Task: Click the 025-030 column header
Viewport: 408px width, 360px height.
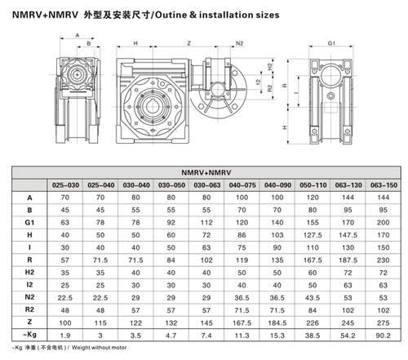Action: click(65, 185)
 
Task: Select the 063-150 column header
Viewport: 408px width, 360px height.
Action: click(384, 185)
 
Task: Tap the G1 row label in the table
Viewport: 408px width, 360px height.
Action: click(29, 223)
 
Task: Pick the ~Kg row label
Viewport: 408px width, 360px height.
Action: click(29, 335)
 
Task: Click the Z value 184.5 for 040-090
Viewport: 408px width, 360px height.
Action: click(277, 323)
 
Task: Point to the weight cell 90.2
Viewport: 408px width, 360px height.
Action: click(384, 336)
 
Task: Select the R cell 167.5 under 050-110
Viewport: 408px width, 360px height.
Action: click(313, 260)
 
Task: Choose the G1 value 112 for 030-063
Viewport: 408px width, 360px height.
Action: click(206, 223)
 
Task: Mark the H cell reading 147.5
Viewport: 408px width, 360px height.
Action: click(348, 235)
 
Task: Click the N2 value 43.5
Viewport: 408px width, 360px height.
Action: click(313, 298)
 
